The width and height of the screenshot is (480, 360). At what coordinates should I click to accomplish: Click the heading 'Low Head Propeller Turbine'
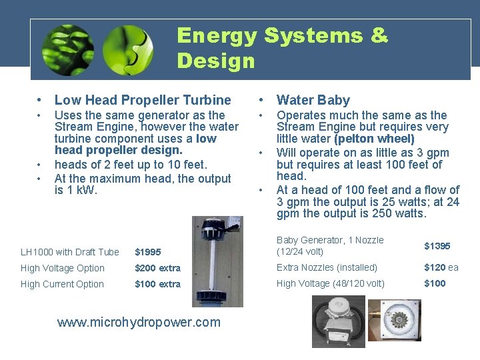143,100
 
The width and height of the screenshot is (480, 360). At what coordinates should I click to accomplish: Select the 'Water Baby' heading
313,100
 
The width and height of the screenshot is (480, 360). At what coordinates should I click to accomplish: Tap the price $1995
148,252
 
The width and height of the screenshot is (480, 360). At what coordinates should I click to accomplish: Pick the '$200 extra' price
157,268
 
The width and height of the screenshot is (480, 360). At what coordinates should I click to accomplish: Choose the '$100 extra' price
157,284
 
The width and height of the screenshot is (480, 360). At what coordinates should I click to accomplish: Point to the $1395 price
437,246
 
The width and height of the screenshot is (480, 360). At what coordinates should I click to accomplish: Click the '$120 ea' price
441,267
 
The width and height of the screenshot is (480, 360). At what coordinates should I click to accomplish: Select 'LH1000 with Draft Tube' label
70,252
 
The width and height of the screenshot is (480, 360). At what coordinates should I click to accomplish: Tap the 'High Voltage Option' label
63,268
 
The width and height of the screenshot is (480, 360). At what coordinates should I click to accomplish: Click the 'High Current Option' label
63,284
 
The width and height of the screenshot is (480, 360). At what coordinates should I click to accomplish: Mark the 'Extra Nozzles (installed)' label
327,267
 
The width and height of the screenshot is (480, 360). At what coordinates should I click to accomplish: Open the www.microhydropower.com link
139,323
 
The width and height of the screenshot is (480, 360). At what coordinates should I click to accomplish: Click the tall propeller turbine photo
217,261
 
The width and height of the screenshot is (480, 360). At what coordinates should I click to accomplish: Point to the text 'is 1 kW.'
76,191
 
